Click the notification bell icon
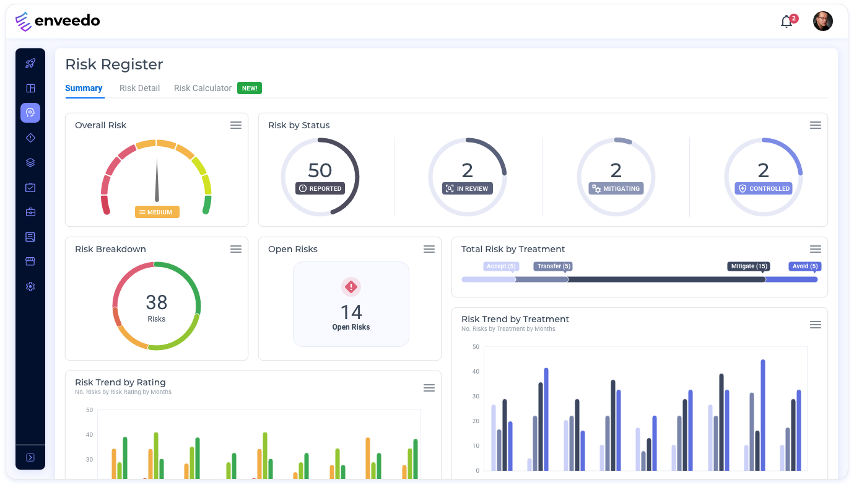coord(786,22)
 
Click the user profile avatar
coord(822,21)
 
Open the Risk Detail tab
coord(139,88)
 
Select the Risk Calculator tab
coord(203,88)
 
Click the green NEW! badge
coord(250,88)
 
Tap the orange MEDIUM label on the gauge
coord(157,212)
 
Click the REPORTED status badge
coord(320,188)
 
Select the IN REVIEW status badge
coord(468,188)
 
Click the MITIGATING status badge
coord(616,188)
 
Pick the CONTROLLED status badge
coord(764,188)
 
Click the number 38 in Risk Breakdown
coord(157,302)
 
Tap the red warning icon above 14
coord(351,286)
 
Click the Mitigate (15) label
coord(749,266)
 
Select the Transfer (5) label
coord(553,266)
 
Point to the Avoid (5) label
coord(805,266)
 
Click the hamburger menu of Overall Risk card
coord(236,125)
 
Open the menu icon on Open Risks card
coord(429,249)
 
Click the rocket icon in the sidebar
coord(30,63)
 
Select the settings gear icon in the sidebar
coord(30,286)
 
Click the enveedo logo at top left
coord(58,21)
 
